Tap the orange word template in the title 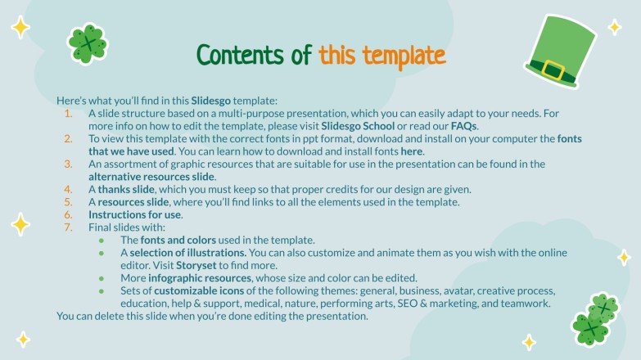click(x=407, y=55)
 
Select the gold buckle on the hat click(x=553, y=70)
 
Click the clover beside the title click(x=87, y=43)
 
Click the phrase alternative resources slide click(x=152, y=177)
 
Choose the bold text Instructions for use click(x=135, y=214)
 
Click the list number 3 click(x=69, y=164)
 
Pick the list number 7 click(x=69, y=227)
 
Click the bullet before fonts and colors click(x=102, y=241)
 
